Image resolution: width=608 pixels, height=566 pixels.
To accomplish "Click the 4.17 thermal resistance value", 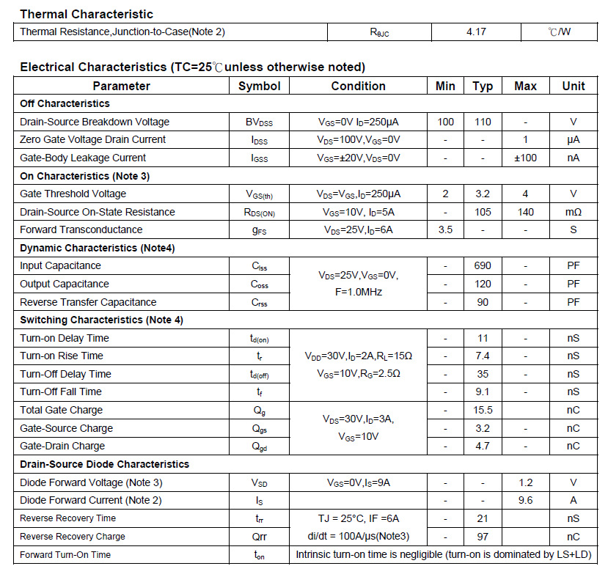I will [476, 32].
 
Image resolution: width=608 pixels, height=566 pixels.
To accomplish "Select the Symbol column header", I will [260, 86].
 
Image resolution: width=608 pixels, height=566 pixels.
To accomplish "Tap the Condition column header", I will [358, 86].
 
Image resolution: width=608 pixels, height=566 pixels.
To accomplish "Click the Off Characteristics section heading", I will [65, 103].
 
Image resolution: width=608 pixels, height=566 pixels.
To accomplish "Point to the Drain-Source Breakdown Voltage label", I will [95, 122].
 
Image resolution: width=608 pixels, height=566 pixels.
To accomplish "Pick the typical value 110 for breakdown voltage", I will [483, 122].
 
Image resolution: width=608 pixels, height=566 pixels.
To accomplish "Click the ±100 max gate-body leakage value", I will [525, 158].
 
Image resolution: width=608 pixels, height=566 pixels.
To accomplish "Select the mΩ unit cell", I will [573, 212].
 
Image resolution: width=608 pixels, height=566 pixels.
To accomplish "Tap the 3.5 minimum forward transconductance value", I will [445, 229].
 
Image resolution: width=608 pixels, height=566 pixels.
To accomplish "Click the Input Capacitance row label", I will [60, 265].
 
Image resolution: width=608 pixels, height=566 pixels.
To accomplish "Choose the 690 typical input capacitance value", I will [483, 265].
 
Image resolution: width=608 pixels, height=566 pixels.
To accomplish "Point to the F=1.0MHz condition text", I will [358, 292].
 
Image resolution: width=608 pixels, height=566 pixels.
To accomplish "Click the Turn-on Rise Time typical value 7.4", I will [483, 356].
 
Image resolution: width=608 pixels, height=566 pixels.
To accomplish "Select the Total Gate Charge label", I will [61, 410].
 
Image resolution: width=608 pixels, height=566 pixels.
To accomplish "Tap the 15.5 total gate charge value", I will [483, 410].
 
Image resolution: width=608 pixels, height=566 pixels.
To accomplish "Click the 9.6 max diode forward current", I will [525, 500].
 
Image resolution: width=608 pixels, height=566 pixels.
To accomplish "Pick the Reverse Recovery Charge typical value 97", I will [483, 537].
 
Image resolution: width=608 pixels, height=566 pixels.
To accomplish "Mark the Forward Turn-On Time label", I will [65, 555].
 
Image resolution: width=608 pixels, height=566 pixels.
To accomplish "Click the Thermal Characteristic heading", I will [87, 14].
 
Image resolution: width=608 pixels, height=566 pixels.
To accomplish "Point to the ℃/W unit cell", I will [560, 32].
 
